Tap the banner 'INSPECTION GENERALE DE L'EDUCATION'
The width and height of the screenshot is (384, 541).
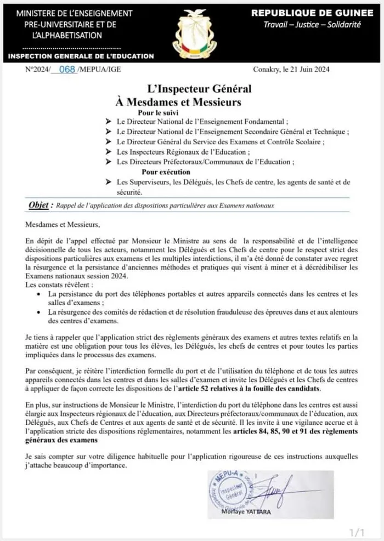coord(81,56)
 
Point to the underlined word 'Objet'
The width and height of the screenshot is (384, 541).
coord(38,205)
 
